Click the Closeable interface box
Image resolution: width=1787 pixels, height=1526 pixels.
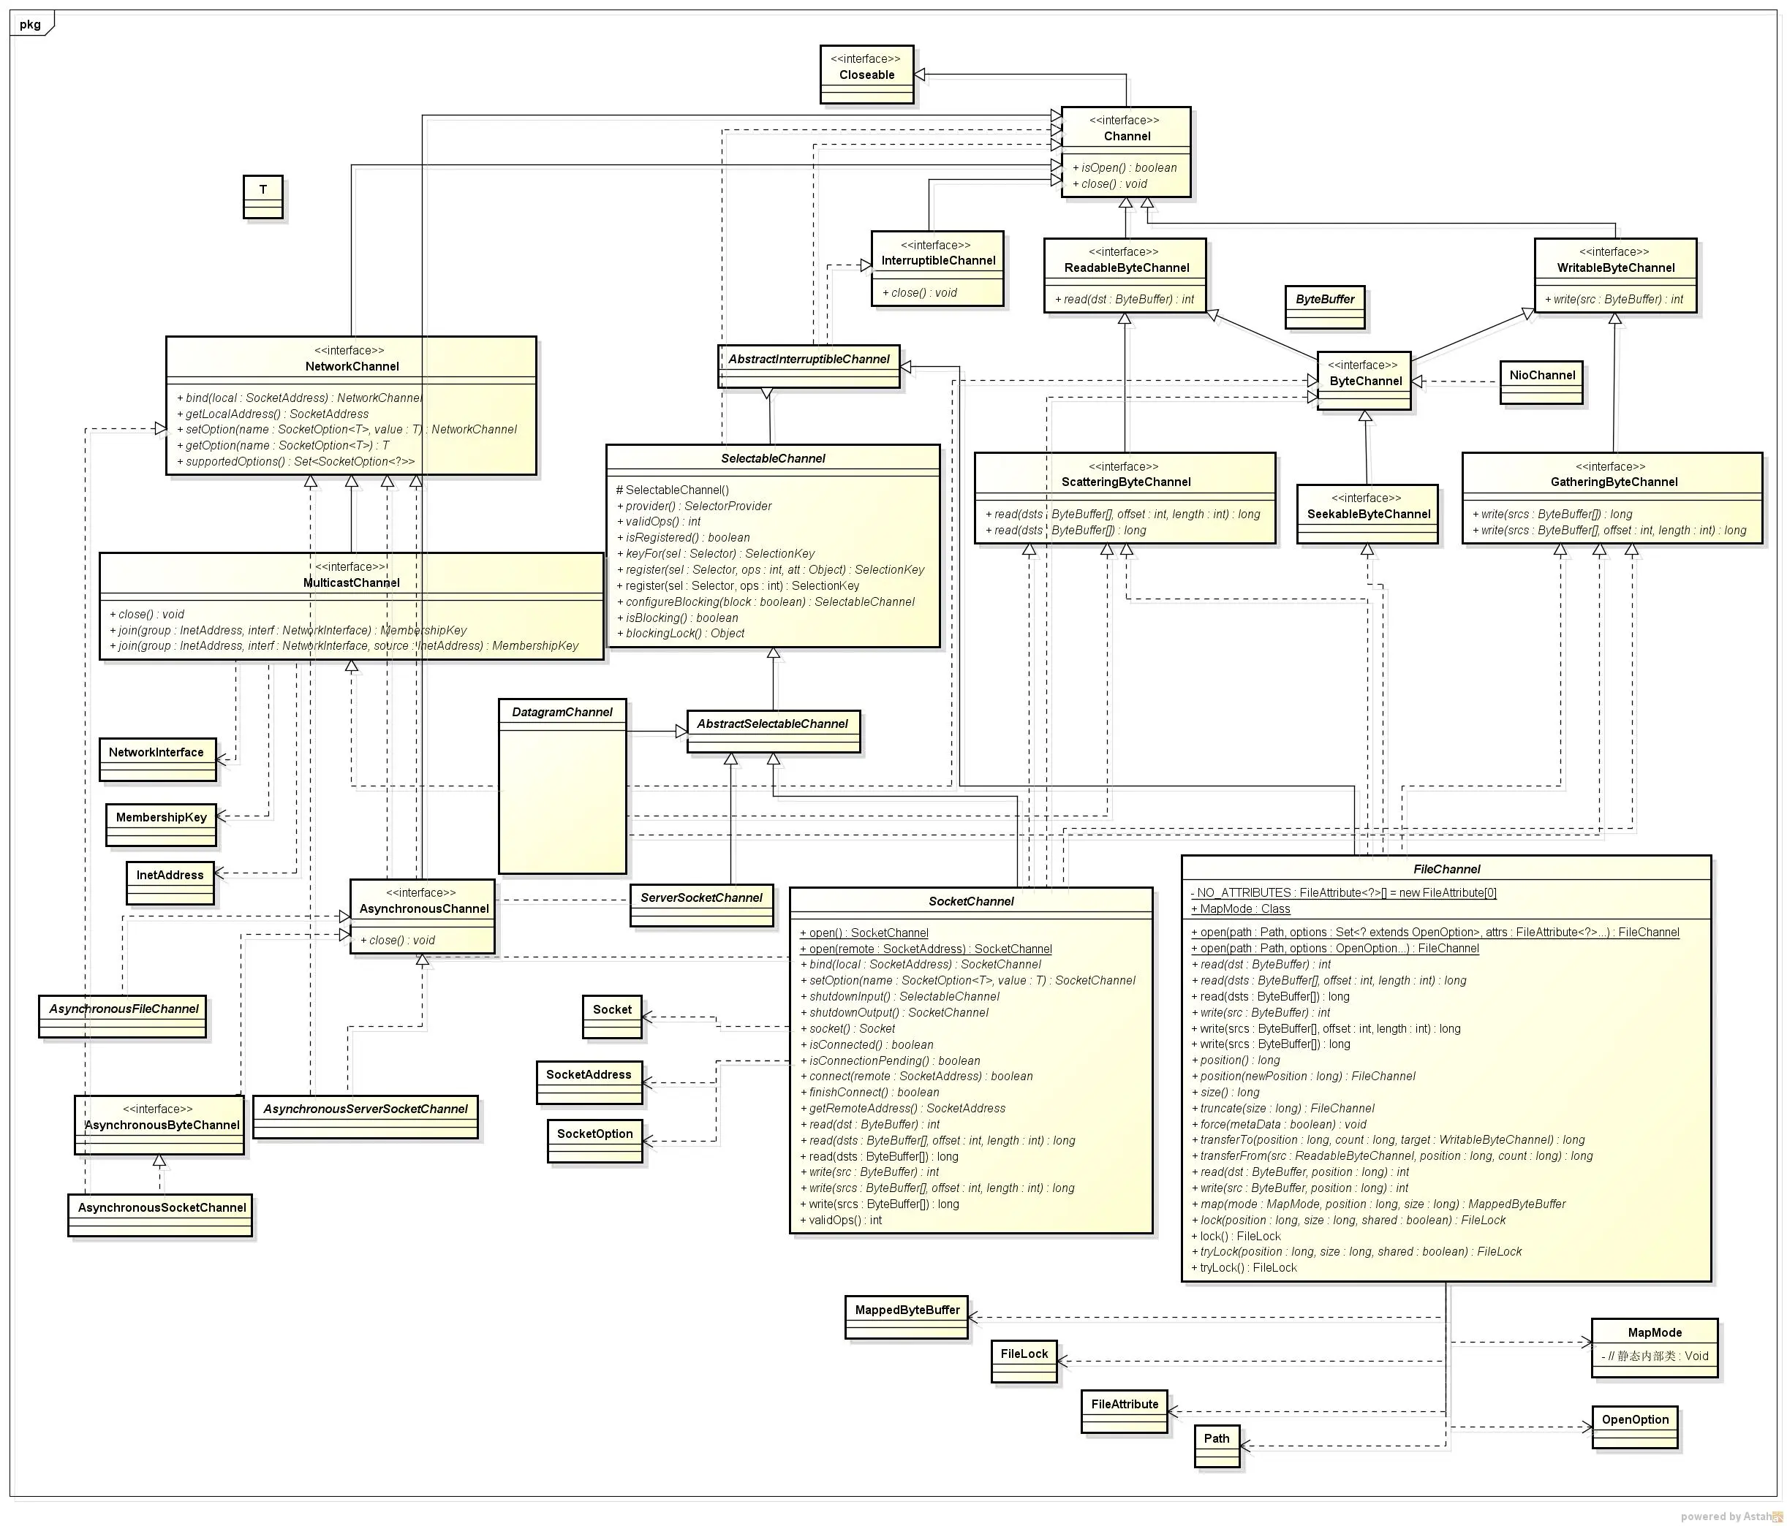866,74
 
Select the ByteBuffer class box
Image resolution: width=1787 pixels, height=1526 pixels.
1325,307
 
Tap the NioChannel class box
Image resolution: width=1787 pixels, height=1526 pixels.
1542,382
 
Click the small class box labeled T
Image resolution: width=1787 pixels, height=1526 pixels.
263,197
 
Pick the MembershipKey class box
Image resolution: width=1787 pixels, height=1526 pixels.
162,824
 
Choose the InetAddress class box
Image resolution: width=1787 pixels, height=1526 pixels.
170,882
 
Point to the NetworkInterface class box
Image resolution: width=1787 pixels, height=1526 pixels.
157,759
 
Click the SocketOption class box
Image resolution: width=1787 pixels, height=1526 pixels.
595,1140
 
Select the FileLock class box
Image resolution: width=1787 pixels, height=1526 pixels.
1024,1361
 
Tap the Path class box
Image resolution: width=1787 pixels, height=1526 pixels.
1217,1445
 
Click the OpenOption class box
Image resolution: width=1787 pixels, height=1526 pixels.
1634,1426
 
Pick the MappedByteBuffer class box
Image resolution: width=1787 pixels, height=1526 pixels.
907,1316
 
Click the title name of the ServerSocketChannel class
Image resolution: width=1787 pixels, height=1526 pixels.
701,897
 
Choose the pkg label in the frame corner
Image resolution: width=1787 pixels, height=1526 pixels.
30,23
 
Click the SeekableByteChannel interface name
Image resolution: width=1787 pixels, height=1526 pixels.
1368,514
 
